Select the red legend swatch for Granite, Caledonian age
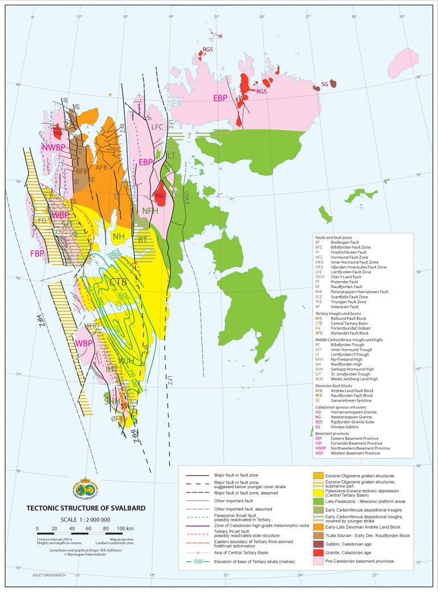pos(317,552)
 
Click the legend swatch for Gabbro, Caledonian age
pos(317,542)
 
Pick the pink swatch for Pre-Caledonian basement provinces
pos(317,562)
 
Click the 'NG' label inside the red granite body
pos(160,196)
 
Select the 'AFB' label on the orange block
pos(102,168)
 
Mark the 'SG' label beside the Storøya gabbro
pos(324,84)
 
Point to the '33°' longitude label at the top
pos(402,16)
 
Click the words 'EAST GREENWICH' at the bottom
pos(51,575)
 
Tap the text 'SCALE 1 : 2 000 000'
pos(86,520)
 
